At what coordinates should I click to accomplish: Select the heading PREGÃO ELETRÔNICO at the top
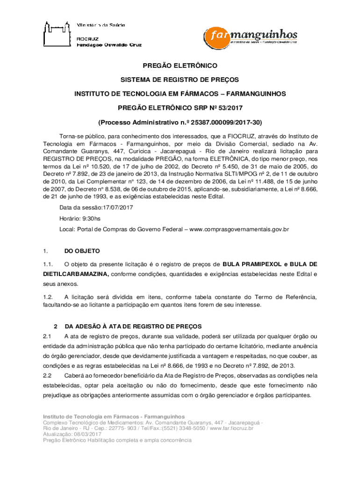coord(180,66)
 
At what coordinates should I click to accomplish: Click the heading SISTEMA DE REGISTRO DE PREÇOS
coord(180,80)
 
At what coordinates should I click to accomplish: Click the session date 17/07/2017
coord(115,208)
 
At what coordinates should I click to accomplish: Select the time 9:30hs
coord(90,218)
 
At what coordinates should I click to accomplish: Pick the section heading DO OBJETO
coord(82,251)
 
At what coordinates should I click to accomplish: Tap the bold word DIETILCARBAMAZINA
coord(76,274)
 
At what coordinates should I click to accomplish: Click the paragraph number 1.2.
coord(47,297)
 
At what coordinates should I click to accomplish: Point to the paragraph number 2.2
coord(47,376)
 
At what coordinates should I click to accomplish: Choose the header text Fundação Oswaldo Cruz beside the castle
coord(108,45)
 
